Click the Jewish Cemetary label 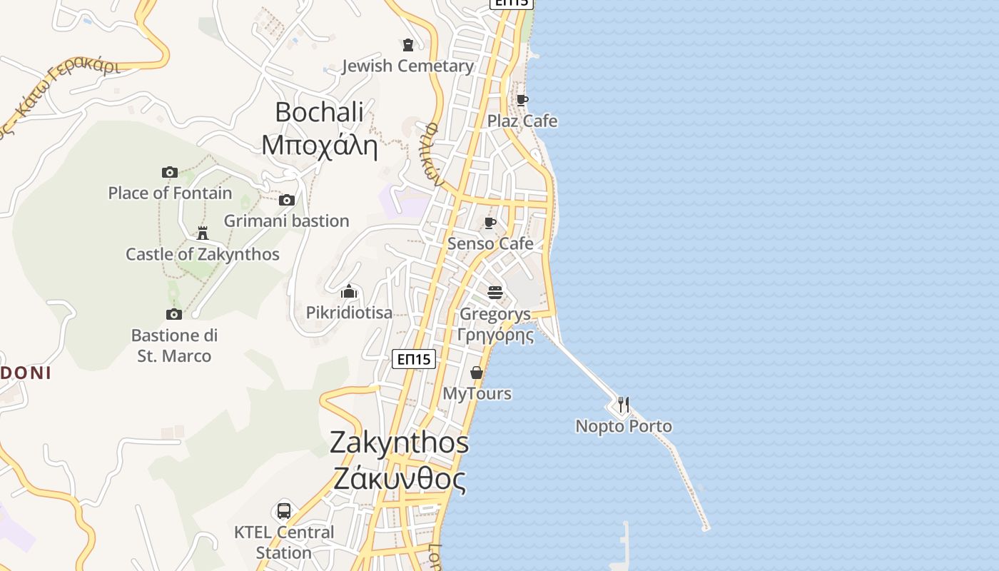(407, 66)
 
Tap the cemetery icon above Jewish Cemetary (408, 45)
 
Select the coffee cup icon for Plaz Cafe (522, 100)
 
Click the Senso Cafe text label (490, 243)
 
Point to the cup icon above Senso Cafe (490, 223)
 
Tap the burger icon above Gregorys (495, 292)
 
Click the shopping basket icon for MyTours (477, 373)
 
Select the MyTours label (477, 393)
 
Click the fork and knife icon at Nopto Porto (624, 405)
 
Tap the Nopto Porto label (624, 426)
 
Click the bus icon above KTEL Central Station (284, 511)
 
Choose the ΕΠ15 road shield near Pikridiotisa (414, 359)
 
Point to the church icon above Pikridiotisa (349, 291)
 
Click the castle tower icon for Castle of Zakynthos (203, 233)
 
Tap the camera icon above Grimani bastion (287, 200)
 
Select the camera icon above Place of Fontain (170, 172)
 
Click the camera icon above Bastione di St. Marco (174, 314)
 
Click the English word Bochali (319, 112)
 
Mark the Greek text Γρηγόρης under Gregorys (495, 334)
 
